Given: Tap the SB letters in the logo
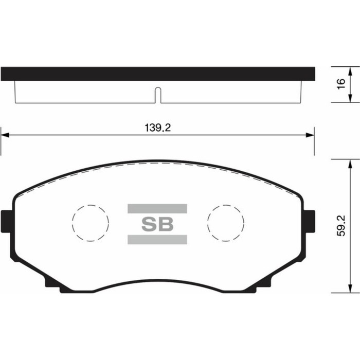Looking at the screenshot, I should pos(157,224).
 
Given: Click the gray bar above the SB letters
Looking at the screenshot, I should pos(157,208).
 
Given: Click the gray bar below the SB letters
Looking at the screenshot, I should pos(157,240).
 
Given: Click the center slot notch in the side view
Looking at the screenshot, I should pos(158,96).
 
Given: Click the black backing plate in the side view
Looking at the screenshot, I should pos(157,74).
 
